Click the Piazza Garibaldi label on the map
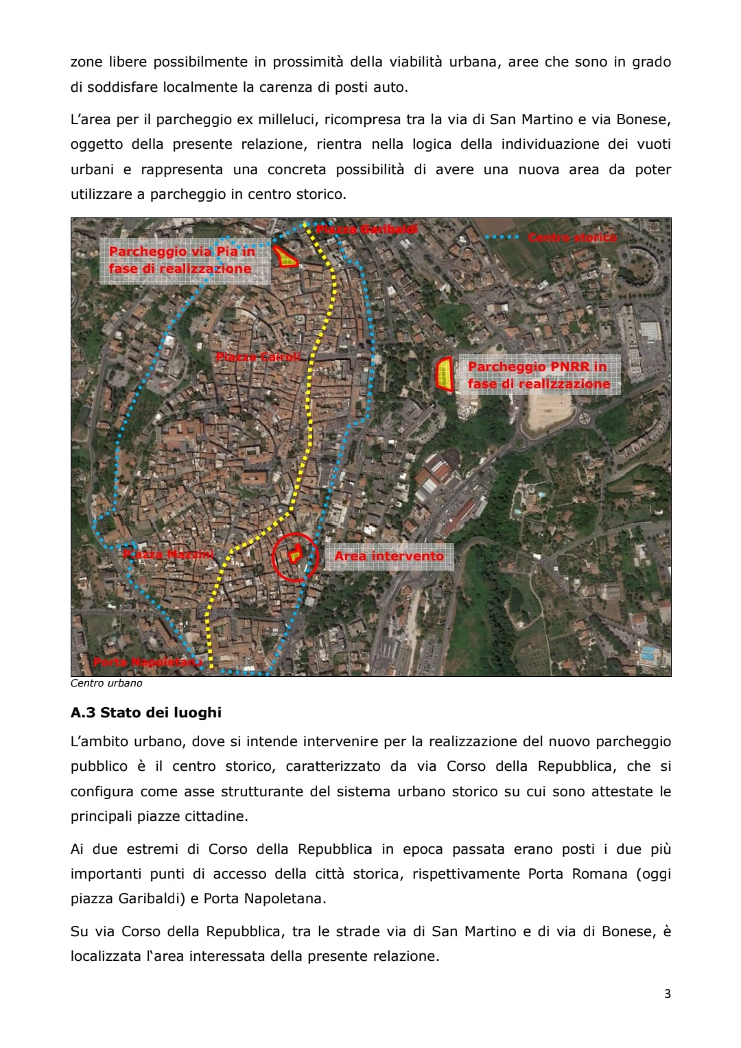366,229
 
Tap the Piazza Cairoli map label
258,357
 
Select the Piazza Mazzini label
169,554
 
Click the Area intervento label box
389,556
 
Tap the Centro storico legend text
572,237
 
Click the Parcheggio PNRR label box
539,375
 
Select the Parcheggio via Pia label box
181,260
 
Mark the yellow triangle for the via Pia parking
285,257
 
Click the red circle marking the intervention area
296,557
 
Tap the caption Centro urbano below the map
106,683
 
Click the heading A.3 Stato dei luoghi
145,713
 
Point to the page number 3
668,994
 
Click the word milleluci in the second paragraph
287,119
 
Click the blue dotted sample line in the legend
502,237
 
